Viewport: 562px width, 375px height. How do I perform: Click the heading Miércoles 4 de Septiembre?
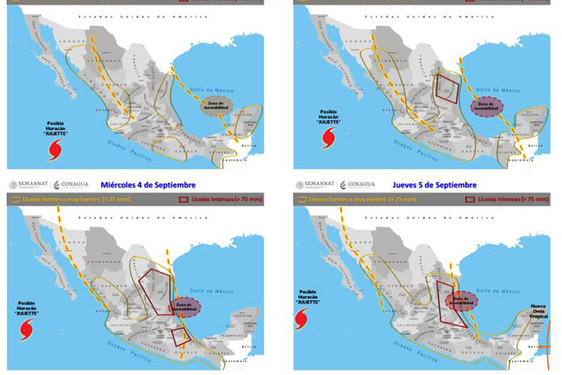coord(147,184)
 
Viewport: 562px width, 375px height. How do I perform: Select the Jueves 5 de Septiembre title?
coord(434,184)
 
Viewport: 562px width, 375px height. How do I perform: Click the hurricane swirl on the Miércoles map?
coord(28,328)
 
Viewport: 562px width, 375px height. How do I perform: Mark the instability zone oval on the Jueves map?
coord(462,301)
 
